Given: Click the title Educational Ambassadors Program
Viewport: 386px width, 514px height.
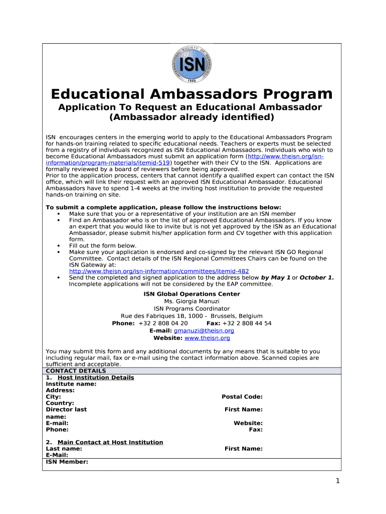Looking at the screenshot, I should [x=191, y=94].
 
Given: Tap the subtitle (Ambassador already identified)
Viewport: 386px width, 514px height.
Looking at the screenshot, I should [x=191, y=117].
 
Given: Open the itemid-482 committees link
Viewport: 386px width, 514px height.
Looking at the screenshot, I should [x=158, y=271].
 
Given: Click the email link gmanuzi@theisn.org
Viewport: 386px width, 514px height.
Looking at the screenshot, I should [x=204, y=331].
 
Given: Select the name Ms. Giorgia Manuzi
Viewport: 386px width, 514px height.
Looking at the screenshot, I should [x=191, y=301].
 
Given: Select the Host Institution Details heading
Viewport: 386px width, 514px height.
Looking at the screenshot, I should [x=96, y=377].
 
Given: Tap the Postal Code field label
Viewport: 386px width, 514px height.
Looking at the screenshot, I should [x=242, y=397].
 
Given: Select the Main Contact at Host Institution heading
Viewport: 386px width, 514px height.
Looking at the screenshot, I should [x=110, y=442].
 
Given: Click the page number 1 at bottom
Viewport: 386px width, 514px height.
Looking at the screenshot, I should [x=338, y=481].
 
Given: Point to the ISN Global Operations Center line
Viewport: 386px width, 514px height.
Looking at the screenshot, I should [x=191, y=294].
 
